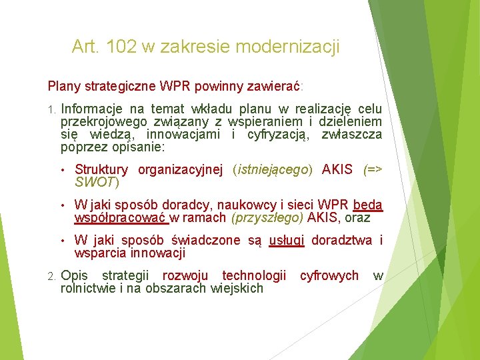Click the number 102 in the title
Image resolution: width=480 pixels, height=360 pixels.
(120, 47)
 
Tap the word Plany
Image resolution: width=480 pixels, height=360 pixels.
(63, 87)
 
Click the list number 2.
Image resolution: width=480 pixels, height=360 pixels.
(51, 276)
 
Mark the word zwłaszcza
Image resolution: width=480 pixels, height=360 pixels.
(351, 135)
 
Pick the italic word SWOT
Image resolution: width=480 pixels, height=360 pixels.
(95, 182)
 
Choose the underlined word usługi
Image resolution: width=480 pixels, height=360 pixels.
(286, 241)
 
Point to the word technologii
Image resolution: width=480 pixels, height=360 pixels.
(254, 276)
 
